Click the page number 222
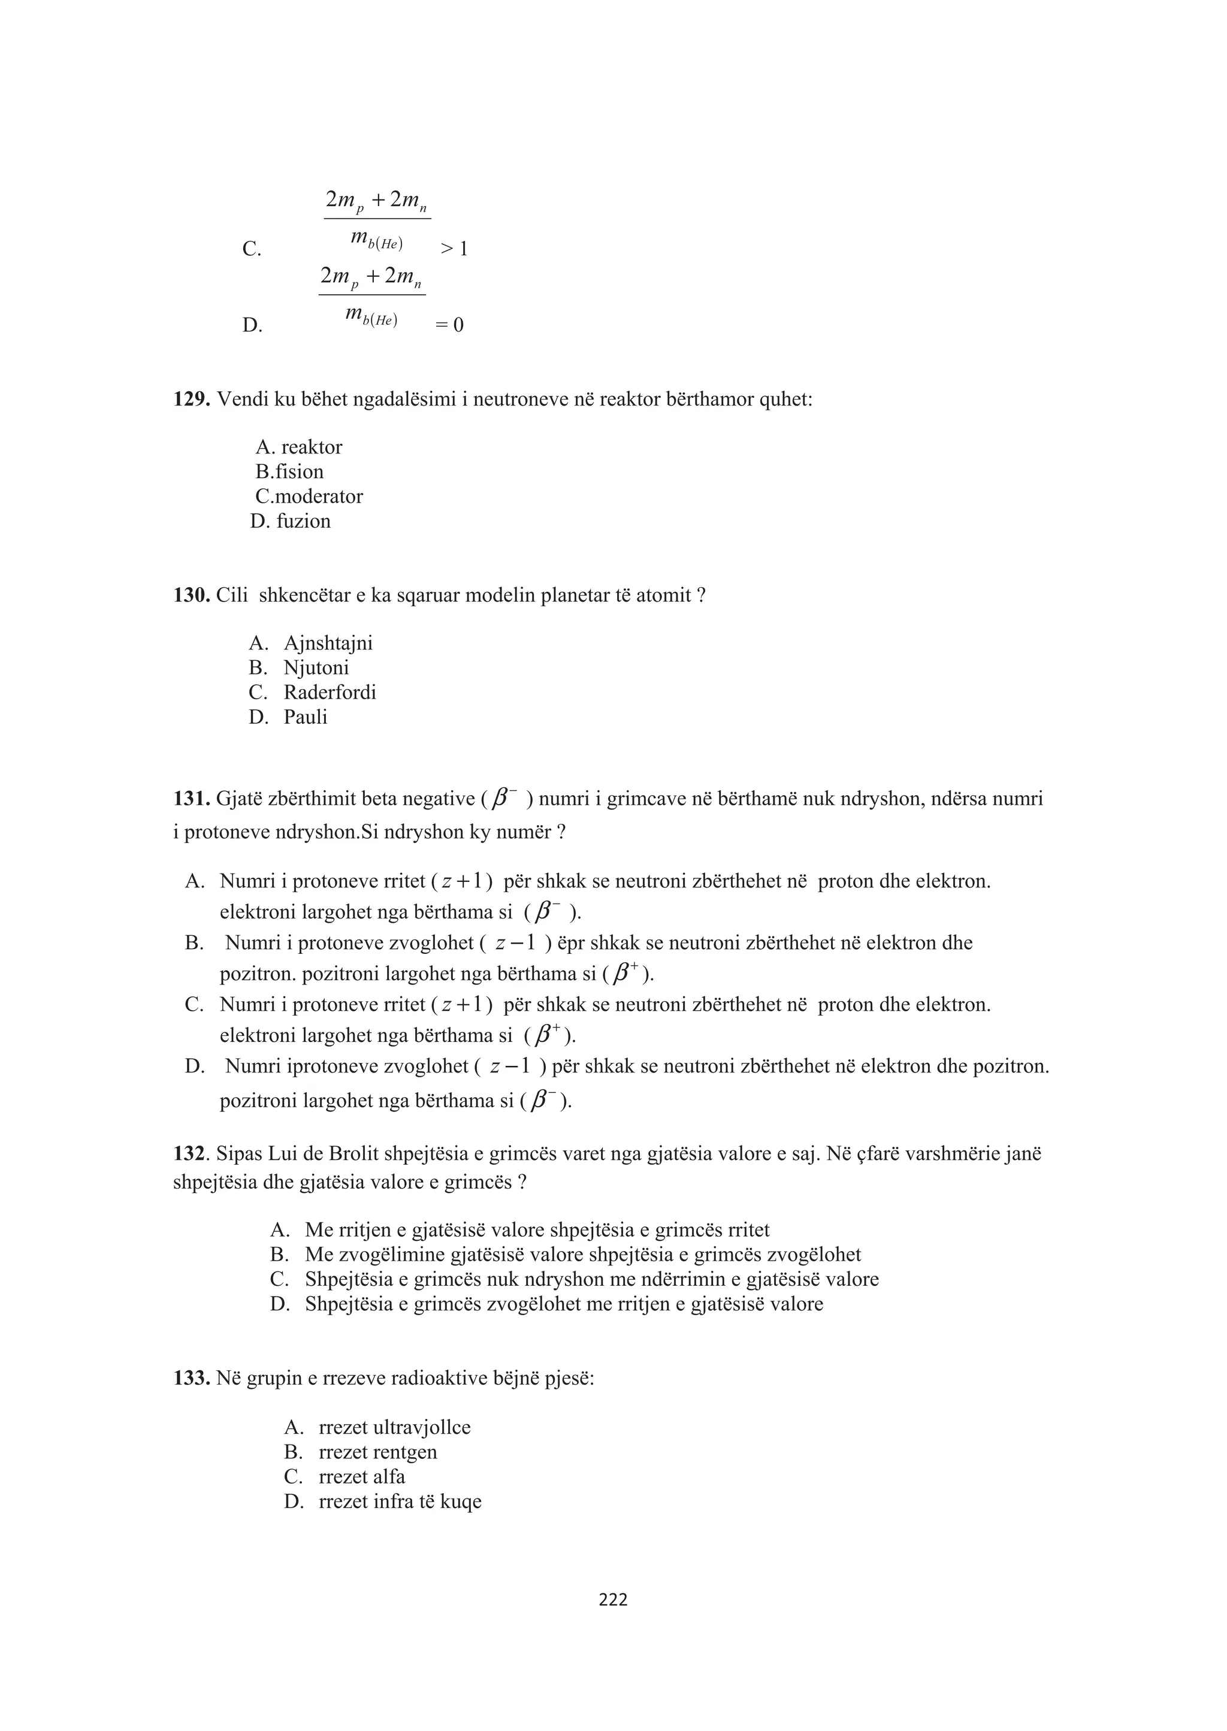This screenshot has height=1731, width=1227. pos(613,1600)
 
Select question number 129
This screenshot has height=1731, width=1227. pos(191,399)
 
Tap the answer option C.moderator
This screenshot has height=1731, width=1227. pos(309,496)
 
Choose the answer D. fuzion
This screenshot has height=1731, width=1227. pos(291,521)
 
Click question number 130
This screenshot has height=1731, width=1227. pos(191,596)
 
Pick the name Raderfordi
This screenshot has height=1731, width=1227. pos(330,692)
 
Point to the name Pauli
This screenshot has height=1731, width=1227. pos(305,717)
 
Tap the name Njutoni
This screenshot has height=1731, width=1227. pos(316,668)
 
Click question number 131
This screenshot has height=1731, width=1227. pos(191,799)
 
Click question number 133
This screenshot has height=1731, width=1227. pos(191,1378)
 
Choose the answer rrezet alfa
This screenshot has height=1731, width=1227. pos(362,1476)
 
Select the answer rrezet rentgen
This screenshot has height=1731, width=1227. pos(378,1452)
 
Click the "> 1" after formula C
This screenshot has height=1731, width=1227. pos(454,249)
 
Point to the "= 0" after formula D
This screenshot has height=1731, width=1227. pos(451,325)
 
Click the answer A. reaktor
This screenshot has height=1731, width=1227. pos(299,448)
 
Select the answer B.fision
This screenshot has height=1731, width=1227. pos(289,472)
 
